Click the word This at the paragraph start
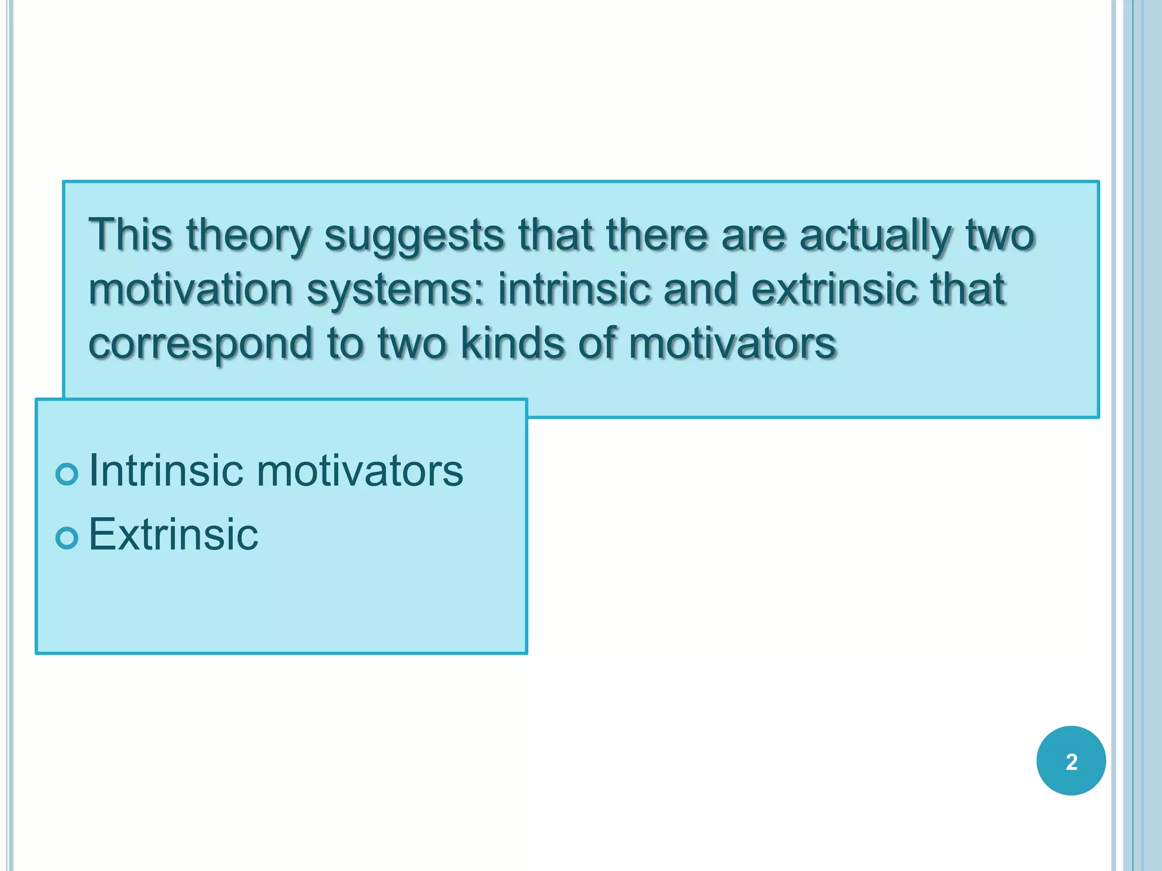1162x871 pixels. [130, 234]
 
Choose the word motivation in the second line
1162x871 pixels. [191, 289]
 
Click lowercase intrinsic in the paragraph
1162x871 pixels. [574, 289]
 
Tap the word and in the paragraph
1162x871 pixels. [700, 289]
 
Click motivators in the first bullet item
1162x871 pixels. [360, 471]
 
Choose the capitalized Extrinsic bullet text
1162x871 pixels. [173, 534]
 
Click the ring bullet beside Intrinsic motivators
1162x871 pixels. [67, 473]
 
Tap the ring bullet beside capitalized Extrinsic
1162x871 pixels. [67, 537]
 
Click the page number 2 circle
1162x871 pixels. [1071, 760]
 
